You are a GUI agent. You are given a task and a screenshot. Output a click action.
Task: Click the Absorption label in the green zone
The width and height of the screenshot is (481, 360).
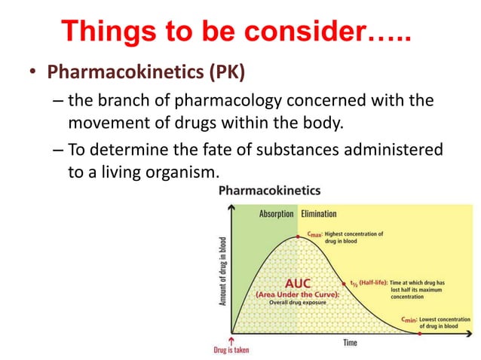[277, 214]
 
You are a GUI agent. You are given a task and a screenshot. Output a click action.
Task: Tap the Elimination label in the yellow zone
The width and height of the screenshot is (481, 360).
[319, 214]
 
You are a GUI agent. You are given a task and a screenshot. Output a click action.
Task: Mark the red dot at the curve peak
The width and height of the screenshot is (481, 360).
[299, 236]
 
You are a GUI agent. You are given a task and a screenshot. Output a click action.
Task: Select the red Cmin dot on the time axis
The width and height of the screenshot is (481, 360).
[421, 334]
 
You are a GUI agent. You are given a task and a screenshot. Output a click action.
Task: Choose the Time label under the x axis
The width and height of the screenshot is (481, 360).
[350, 343]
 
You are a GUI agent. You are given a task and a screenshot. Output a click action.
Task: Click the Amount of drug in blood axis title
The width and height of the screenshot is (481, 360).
[223, 271]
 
